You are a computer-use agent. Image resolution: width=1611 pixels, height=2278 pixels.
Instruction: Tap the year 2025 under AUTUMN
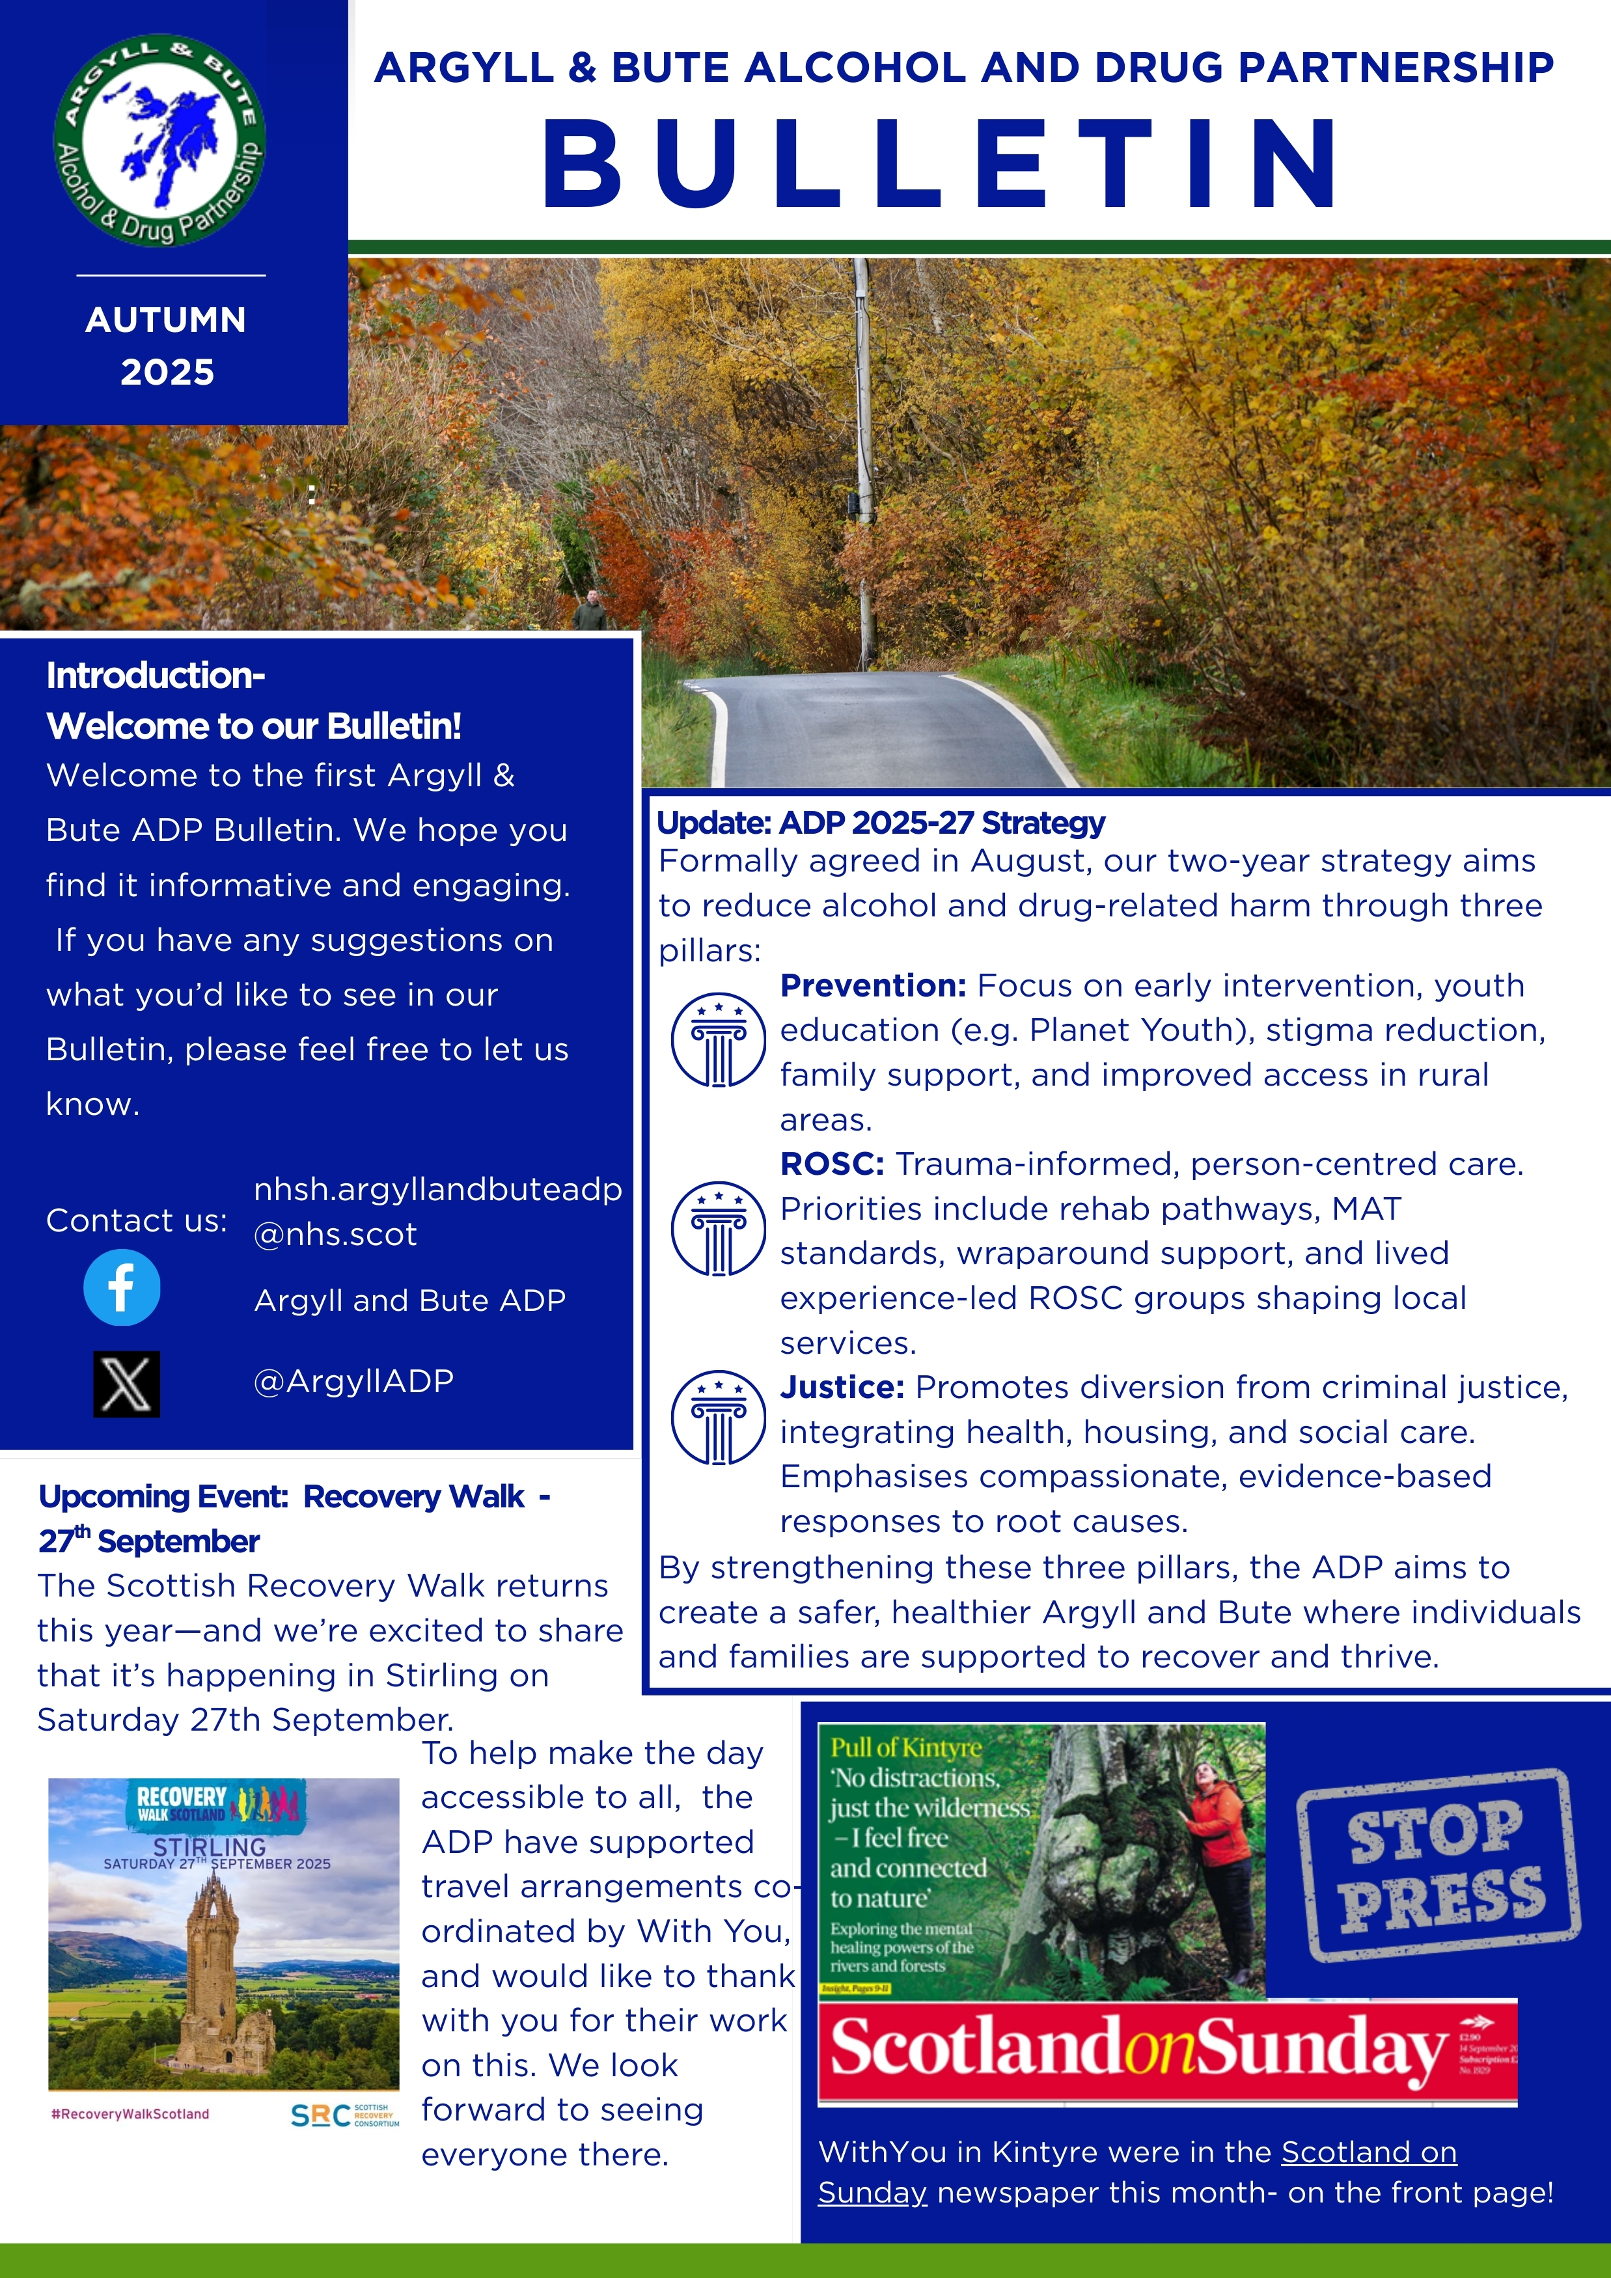[167, 372]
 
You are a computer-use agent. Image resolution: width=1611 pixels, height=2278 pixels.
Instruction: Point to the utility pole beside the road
[864, 456]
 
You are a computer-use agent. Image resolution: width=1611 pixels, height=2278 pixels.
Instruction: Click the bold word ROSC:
[831, 1164]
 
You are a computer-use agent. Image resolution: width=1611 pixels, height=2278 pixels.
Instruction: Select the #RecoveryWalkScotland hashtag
[130, 2113]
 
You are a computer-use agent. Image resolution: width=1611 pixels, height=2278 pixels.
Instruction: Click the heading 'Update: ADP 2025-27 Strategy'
[881, 823]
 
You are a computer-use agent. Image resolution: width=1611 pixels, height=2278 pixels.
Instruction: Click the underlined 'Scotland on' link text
[1368, 2151]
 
